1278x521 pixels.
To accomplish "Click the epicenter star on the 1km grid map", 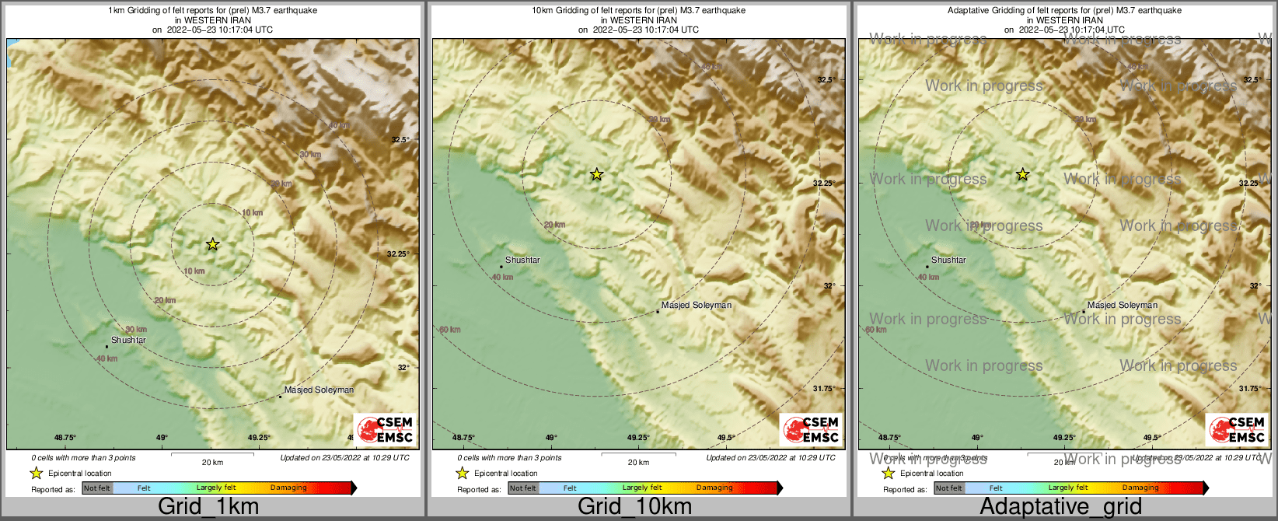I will [212, 244].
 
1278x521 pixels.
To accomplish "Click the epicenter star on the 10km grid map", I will [596, 174].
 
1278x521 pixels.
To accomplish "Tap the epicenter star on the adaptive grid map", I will [1022, 174].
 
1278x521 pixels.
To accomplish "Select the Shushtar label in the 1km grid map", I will [128, 340].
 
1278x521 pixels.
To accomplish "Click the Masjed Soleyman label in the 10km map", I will [696, 305].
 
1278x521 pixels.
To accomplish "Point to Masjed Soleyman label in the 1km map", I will [319, 390].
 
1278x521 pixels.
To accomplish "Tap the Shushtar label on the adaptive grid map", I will [948, 260].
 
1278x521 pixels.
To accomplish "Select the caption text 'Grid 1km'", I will [208, 507].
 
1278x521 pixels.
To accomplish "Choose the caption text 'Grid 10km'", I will [634, 507].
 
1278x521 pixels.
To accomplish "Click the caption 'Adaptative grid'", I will [1060, 507].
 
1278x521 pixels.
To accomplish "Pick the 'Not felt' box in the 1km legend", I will [97, 488].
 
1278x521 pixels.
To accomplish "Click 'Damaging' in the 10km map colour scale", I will [714, 488].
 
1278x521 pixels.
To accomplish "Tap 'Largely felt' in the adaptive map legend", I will [1068, 488].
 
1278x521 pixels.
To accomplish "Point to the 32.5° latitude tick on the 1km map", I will [400, 140].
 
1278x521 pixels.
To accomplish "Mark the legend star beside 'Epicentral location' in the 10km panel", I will [462, 473].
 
